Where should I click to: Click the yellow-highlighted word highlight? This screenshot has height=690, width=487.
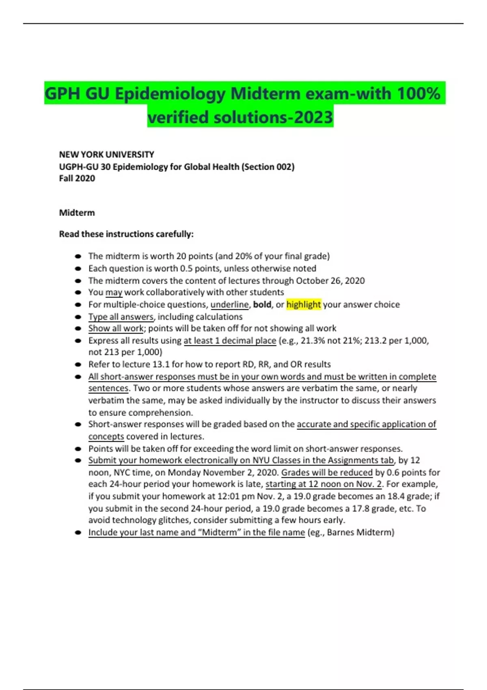click(x=304, y=304)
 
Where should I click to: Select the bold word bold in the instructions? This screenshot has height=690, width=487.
click(x=262, y=304)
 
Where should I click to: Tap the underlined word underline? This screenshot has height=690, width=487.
click(x=229, y=304)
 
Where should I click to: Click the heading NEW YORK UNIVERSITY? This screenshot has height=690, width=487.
click(x=106, y=155)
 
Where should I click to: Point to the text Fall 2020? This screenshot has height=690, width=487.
click(x=77, y=178)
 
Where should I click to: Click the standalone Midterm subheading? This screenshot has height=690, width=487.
click(x=77, y=213)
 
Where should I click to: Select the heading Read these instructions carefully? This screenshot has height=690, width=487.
click(x=126, y=234)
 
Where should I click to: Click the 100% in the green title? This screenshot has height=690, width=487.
click(x=418, y=94)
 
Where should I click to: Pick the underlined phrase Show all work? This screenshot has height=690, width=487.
click(x=116, y=328)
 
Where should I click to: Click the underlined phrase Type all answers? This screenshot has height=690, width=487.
click(x=121, y=317)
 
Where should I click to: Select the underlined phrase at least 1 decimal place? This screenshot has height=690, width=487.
click(x=230, y=341)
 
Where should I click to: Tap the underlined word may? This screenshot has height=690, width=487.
click(x=114, y=292)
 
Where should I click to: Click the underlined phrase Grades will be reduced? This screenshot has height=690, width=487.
click(x=327, y=472)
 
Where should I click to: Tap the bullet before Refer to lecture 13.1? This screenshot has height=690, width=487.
click(x=78, y=364)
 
